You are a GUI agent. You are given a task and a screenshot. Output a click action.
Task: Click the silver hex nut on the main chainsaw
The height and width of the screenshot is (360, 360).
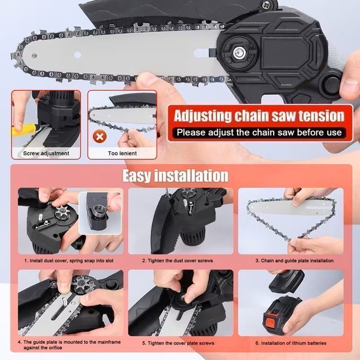click(239, 53)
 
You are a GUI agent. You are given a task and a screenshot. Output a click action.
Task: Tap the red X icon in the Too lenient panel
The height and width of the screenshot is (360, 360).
click(100, 137)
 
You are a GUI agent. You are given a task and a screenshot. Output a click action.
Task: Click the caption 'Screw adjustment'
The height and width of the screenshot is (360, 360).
click(46, 154)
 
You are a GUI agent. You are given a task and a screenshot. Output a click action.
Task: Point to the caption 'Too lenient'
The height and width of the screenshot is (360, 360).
click(122, 154)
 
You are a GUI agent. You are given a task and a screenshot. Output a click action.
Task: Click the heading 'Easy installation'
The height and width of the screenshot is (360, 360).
click(176, 176)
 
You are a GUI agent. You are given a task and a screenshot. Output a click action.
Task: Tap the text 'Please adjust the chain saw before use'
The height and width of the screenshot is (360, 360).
click(259, 133)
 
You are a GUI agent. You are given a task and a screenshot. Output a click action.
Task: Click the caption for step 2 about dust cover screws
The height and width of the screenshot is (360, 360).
click(178, 260)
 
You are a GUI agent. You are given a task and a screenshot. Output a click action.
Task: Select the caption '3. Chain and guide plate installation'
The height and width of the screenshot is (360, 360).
click(295, 260)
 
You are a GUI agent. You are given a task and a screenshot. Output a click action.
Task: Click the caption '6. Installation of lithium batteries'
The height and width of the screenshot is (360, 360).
click(291, 343)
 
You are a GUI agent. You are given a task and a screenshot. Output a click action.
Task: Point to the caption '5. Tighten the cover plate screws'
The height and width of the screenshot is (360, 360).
click(178, 343)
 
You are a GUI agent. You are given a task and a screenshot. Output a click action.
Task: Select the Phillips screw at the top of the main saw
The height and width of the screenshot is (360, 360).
click(266, 5)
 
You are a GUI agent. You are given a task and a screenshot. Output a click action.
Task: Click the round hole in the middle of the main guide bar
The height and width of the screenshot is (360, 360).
click(77, 55)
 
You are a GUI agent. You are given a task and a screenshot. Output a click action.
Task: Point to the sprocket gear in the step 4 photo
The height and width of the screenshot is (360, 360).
click(79, 285)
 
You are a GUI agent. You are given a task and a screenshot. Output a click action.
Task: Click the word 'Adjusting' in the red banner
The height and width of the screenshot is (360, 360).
click(203, 116)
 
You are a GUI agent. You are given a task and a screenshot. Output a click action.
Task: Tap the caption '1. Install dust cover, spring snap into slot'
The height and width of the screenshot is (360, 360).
click(69, 260)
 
